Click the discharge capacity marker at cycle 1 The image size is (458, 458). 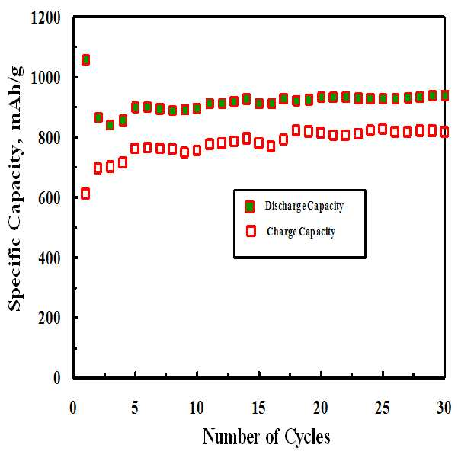pos(85,60)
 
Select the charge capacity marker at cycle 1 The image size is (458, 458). pos(85,194)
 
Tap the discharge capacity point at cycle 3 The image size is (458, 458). pos(110,125)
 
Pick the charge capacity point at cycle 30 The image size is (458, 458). pos(444,132)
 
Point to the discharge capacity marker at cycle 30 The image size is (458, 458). pos(444,95)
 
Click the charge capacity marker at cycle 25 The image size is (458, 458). pos(383,129)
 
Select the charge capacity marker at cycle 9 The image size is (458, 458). pos(184,152)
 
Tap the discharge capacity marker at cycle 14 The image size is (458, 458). pos(246,99)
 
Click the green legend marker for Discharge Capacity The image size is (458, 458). pos(249,207)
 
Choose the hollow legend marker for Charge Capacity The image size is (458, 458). pos(251,231)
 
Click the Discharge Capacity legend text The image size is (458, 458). pos(304,206)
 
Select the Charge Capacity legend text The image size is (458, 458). pos(301,232)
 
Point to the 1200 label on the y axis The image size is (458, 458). pos(46,18)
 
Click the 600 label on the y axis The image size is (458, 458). pos(49,198)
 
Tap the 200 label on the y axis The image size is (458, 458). pos(49,318)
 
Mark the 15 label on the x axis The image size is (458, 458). pos(258,408)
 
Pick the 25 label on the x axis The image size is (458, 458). pos(383,408)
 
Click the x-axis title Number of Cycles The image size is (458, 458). pos(267,437)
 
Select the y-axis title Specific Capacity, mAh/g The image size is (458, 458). pos(15,189)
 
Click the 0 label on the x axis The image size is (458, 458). pos(73,408)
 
